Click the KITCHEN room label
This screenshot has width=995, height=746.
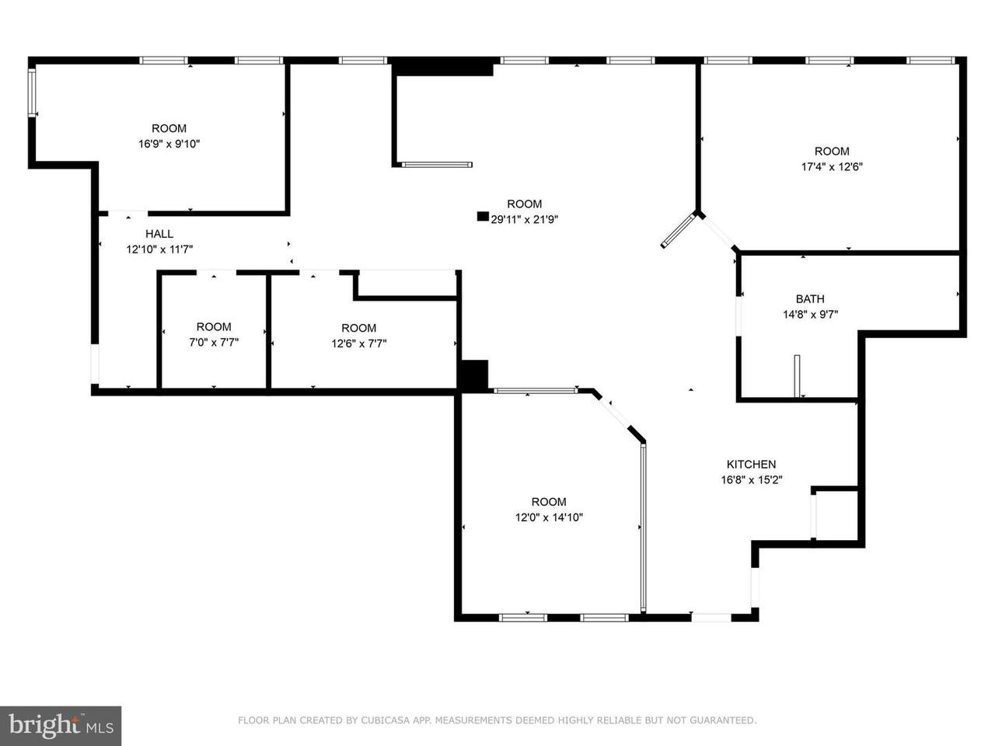[x=751, y=464]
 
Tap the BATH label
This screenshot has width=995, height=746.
[x=810, y=299]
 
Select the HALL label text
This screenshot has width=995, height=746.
[x=159, y=234]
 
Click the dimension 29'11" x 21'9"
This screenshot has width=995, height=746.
[x=524, y=220]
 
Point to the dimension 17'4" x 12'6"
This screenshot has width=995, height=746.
[x=832, y=166]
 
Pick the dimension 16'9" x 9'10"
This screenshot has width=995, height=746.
[x=169, y=144]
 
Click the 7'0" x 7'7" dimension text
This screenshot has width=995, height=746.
[x=214, y=343]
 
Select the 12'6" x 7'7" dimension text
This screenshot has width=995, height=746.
[x=359, y=343]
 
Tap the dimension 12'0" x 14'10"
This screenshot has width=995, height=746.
[x=549, y=518]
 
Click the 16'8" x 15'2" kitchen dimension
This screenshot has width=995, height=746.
[x=752, y=479]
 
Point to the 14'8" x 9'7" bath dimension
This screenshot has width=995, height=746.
[x=811, y=315]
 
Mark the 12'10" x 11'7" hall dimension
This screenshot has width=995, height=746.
[x=159, y=249]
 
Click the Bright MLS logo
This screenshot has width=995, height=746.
[x=61, y=726]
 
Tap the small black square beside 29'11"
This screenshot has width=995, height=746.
[x=483, y=217]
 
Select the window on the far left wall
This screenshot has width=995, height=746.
[x=32, y=92]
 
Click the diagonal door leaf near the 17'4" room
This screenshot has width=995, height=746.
[x=678, y=231]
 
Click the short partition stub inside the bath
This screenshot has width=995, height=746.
[x=798, y=376]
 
